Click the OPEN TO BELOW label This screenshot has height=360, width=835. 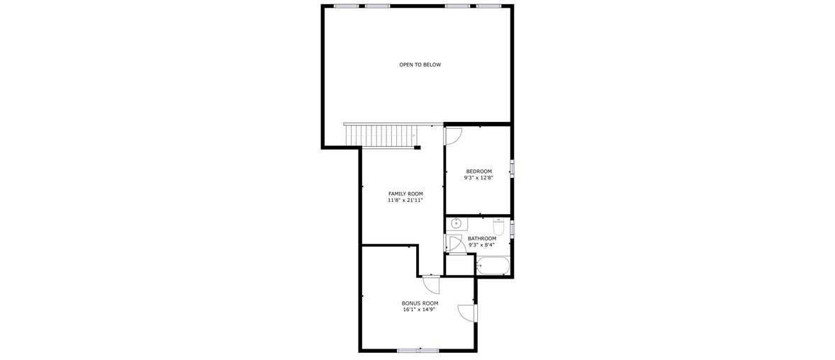420,65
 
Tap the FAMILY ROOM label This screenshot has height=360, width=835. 405,194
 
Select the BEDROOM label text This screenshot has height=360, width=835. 478,171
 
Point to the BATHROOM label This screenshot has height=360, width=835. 482,239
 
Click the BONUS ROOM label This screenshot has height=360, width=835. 420,303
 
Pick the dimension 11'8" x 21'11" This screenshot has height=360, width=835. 405,201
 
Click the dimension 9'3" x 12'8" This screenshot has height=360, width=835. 478,179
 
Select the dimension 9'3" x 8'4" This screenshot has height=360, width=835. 482,245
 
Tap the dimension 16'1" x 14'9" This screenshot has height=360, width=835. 420,310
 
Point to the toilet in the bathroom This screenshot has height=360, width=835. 498,226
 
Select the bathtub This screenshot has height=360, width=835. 493,265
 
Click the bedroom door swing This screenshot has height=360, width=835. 454,136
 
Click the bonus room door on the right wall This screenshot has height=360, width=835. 466,313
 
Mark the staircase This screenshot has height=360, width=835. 380,135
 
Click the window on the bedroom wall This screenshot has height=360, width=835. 512,168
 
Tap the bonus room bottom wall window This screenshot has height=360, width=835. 418,350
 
